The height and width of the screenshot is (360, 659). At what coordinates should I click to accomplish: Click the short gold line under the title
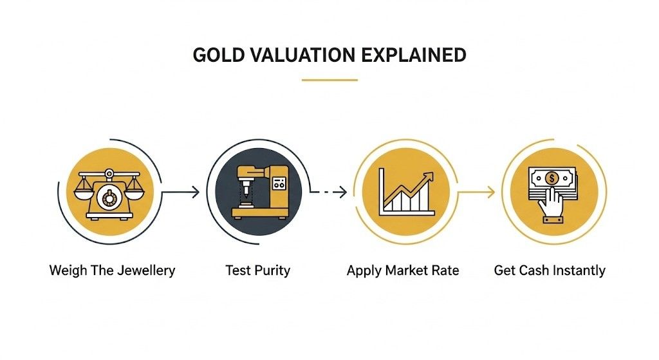click(329, 80)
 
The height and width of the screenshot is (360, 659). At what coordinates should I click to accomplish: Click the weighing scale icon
click(107, 191)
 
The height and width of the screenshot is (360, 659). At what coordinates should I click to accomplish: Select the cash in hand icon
click(550, 191)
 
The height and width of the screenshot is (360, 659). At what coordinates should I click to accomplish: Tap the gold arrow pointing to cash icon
click(478, 191)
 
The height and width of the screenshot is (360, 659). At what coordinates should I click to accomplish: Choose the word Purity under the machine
click(272, 270)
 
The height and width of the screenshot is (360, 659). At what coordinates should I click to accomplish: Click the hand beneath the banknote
click(552, 205)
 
